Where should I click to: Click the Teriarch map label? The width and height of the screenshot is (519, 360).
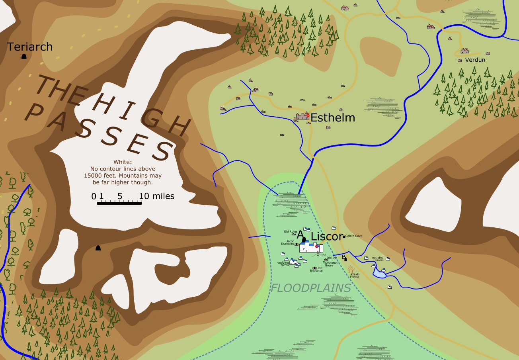(30, 47)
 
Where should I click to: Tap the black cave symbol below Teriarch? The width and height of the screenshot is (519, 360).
(24, 57)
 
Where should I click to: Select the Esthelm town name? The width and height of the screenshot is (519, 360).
(332, 118)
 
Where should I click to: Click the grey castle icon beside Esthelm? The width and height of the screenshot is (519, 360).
(302, 116)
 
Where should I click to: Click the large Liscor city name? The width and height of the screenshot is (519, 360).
(326, 236)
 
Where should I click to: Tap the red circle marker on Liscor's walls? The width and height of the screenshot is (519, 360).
(317, 247)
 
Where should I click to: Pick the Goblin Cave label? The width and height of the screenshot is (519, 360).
(353, 236)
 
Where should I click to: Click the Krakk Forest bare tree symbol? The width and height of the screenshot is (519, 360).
(351, 269)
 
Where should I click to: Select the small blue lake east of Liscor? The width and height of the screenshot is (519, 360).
(379, 273)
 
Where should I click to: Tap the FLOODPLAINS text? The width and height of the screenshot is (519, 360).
(311, 288)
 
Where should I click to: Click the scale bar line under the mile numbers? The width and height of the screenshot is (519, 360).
(119, 203)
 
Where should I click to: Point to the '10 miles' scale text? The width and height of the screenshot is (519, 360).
(156, 196)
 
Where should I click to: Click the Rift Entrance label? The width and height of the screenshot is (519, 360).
(317, 270)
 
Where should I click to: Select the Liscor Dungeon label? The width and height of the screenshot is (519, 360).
(287, 243)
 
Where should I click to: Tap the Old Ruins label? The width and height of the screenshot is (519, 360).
(290, 231)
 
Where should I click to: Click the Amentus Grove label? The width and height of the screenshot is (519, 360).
(331, 264)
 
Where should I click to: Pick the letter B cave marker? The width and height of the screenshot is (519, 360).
(344, 258)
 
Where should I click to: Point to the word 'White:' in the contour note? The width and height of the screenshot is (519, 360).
(122, 162)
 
